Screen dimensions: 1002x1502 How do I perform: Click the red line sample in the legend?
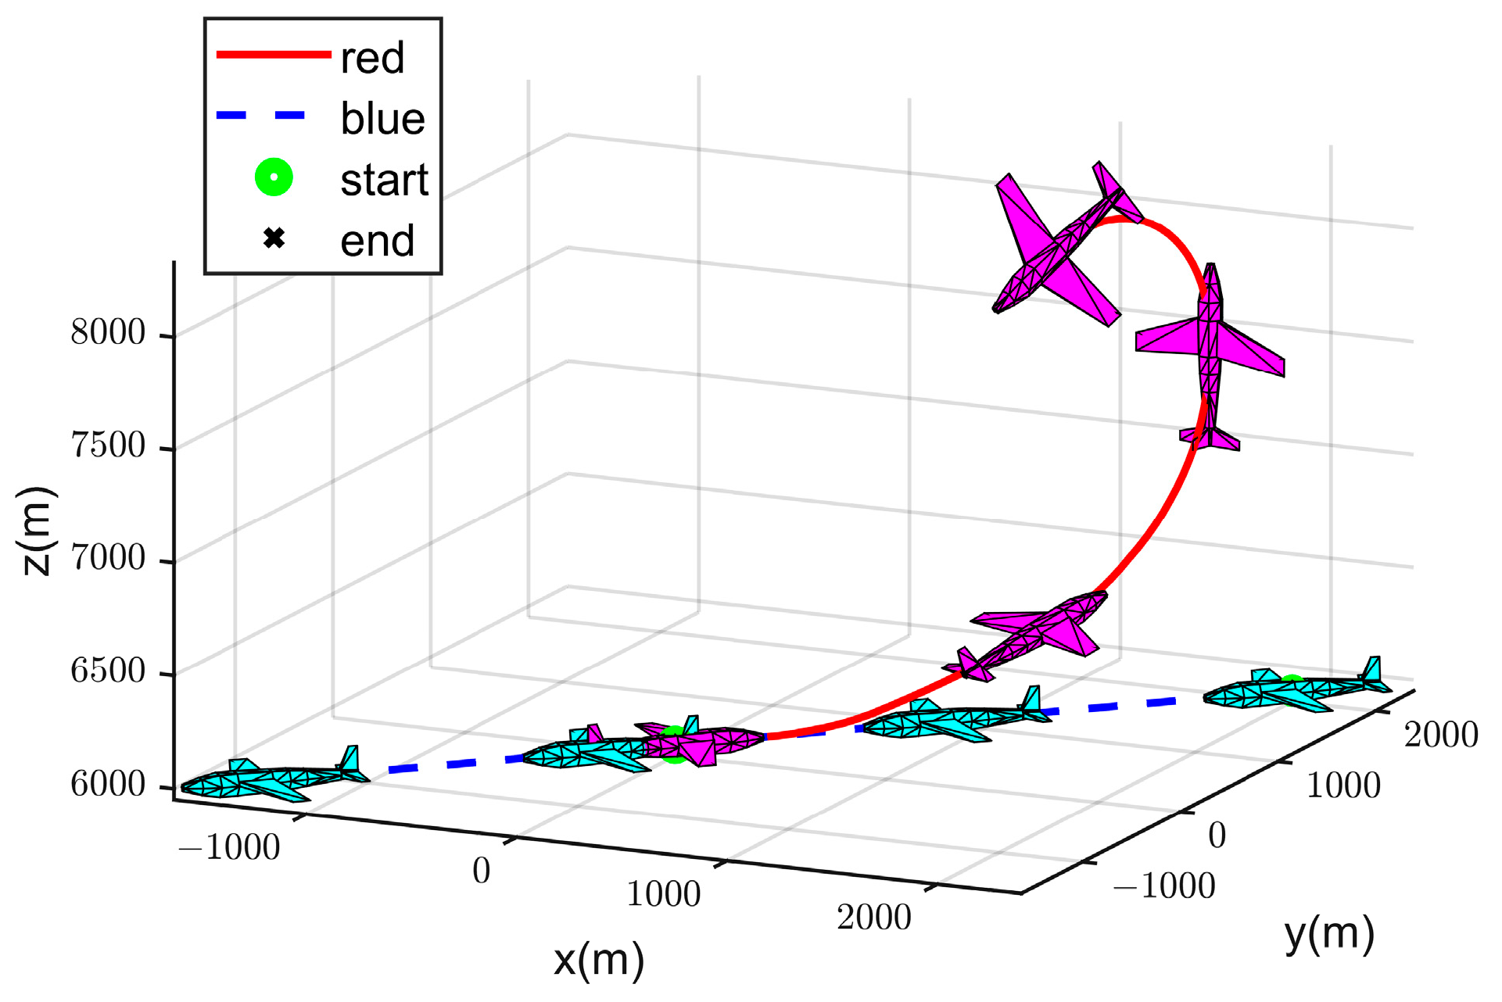pyautogui.click(x=274, y=54)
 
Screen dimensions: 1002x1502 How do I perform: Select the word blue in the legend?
pyautogui.click(x=382, y=119)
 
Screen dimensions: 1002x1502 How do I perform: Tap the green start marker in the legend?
pyautogui.click(x=274, y=177)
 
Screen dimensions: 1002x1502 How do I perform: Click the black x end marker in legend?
pyautogui.click(x=274, y=238)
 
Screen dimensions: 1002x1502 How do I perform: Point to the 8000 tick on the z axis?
pyautogui.click(x=108, y=333)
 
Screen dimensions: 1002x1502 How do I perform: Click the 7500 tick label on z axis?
pyautogui.click(x=108, y=446)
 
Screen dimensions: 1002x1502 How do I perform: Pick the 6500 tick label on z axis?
pyautogui.click(x=108, y=671)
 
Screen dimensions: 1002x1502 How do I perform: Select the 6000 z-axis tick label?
pyautogui.click(x=108, y=784)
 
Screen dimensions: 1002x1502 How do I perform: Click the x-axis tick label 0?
pyautogui.click(x=482, y=871)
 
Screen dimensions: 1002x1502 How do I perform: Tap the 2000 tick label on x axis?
pyautogui.click(x=874, y=918)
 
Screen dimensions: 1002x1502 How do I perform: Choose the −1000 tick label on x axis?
pyautogui.click(x=229, y=848)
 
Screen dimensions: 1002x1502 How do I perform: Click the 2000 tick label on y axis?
pyautogui.click(x=1440, y=735)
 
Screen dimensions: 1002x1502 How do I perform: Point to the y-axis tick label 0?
pyautogui.click(x=1217, y=836)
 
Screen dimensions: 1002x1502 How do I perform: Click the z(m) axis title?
pyautogui.click(x=37, y=531)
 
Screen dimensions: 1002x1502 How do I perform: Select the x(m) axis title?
pyautogui.click(x=599, y=961)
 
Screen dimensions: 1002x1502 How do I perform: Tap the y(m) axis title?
pyautogui.click(x=1329, y=934)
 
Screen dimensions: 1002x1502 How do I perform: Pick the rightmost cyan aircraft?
pyautogui.click(x=1294, y=691)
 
